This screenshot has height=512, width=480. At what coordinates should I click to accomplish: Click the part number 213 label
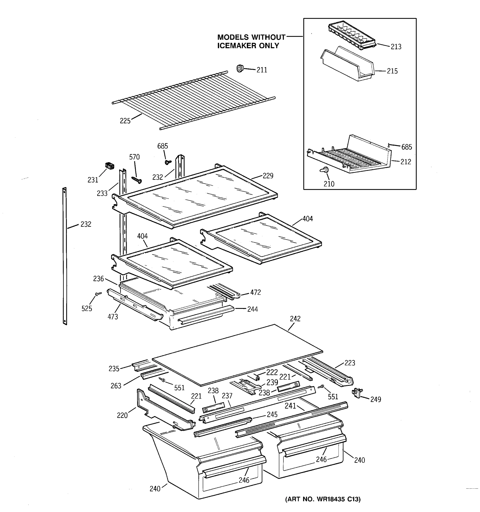[x=396, y=47]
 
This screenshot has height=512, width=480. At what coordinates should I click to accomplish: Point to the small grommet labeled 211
[x=240, y=68]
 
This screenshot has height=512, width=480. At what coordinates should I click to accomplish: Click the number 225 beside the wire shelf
[x=125, y=121]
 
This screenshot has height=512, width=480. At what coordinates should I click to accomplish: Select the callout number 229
[x=268, y=176]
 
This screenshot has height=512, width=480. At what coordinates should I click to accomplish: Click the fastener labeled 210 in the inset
[x=325, y=170]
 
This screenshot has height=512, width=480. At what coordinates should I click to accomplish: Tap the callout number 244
[x=252, y=309]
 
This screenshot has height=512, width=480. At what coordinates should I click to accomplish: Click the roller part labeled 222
[x=257, y=377]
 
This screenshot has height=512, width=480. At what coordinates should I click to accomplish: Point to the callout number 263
[x=116, y=385]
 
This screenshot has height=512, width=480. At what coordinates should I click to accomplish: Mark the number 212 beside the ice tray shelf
[x=406, y=162]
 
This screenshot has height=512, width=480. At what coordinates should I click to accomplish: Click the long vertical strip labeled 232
[x=65, y=256]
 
